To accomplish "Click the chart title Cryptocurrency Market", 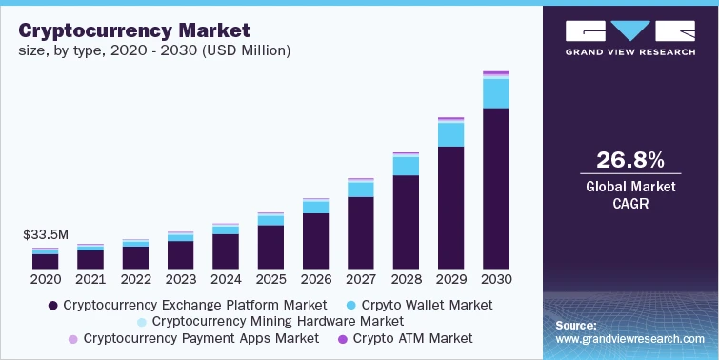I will [134, 31].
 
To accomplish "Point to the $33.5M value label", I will [45, 234].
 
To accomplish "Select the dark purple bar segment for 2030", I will [495, 188].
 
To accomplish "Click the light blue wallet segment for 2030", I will [495, 93].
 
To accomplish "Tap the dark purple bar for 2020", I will [45, 261].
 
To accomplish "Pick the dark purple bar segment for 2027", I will [360, 232].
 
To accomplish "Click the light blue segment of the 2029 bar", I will [450, 134].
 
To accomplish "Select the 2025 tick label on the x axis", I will [270, 280].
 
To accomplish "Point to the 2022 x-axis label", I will [135, 280].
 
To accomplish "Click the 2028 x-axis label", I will [406, 280].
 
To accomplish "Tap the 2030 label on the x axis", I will [496, 280].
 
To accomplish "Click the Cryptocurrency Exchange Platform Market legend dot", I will [52, 306].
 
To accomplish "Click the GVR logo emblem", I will [629, 30].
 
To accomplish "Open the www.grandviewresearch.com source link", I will [629, 338].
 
